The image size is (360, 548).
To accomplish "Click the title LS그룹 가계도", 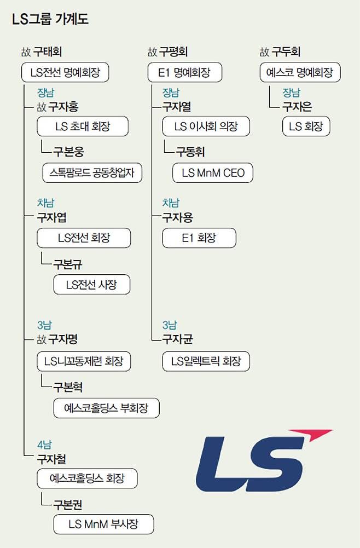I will click(50, 19).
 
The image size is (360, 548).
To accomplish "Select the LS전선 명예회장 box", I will click(65, 72).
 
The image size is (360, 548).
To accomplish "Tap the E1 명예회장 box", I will click(178, 72).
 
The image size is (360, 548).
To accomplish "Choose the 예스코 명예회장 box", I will click(299, 72).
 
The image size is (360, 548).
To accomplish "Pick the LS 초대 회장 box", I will click(83, 126).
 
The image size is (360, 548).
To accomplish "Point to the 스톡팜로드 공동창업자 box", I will click(92, 173).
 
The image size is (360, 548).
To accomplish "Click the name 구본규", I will click(68, 264).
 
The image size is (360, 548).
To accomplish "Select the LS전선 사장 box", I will click(91, 284).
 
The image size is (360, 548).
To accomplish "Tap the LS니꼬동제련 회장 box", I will click(84, 361).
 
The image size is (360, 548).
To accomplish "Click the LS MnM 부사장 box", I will click(103, 524).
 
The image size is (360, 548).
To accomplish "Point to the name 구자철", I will click(53, 458).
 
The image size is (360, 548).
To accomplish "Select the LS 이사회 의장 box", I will click(206, 126).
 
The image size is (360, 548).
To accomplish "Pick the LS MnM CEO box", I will click(213, 173).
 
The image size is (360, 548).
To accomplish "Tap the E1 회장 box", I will click(199, 238).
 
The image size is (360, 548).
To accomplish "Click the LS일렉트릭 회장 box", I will click(206, 361).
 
